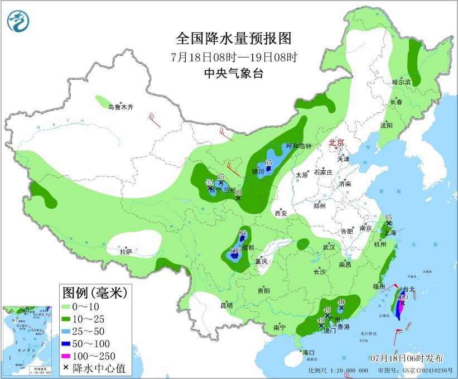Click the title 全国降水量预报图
click(x=234, y=38)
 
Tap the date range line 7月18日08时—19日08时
click(x=234, y=57)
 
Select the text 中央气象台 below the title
click(x=234, y=73)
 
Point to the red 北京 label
click(x=337, y=143)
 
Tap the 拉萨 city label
click(x=126, y=252)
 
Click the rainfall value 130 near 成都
click(x=235, y=251)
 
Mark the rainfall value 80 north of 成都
click(x=242, y=233)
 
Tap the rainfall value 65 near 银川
click(x=268, y=162)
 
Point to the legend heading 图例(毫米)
click(x=94, y=292)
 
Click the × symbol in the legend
click(x=66, y=368)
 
